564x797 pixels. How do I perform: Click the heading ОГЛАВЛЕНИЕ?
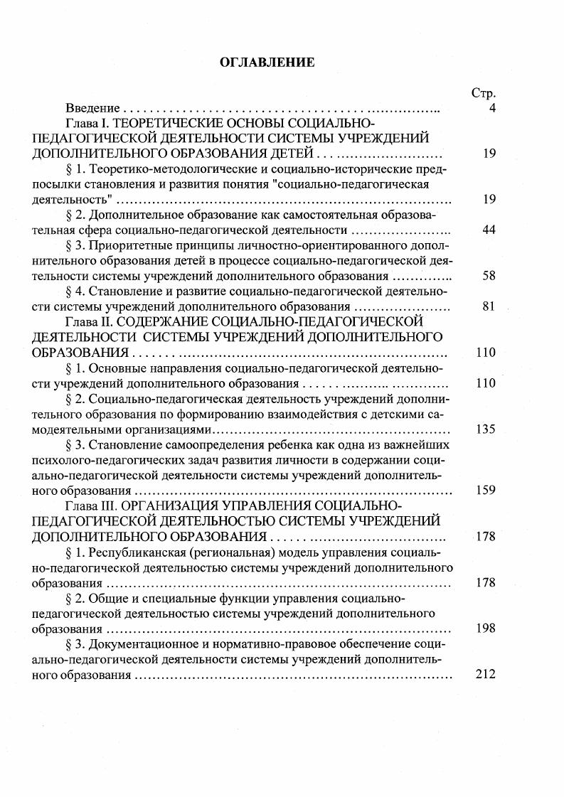(267, 63)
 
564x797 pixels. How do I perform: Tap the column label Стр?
(484, 93)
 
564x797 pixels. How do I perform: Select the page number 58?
(489, 276)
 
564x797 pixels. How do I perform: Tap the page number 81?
(489, 306)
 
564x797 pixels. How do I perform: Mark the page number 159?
(485, 491)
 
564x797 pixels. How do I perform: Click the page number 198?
(485, 628)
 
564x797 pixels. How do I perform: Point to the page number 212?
(485, 674)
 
